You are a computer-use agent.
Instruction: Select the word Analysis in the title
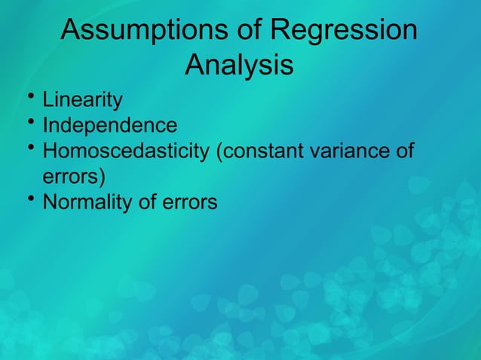pyautogui.click(x=239, y=65)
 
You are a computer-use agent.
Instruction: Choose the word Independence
pyautogui.click(x=110, y=125)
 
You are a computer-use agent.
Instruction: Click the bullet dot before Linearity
pyautogui.click(x=28, y=96)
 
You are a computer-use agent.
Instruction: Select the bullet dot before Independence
pyautogui.click(x=28, y=122)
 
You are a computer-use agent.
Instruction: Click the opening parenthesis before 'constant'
pyautogui.click(x=219, y=152)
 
